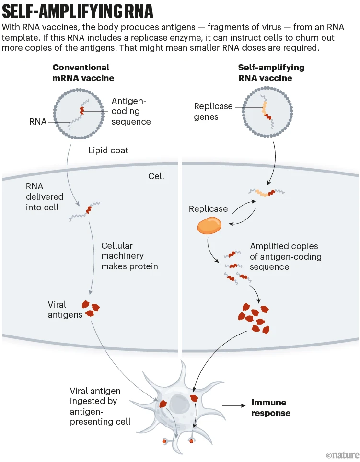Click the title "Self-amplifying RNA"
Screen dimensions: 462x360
[79, 11]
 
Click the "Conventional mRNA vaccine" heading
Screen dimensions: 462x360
[81, 72]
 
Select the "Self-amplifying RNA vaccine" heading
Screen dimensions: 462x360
[271, 72]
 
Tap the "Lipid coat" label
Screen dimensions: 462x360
[108, 150]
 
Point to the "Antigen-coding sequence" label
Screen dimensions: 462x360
[131, 111]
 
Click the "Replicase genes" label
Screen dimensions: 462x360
[213, 111]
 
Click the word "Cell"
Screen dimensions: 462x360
[156, 176]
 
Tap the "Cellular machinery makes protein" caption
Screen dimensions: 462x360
[129, 256]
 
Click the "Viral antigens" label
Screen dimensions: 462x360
[64, 310]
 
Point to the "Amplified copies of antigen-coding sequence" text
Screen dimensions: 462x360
[285, 256]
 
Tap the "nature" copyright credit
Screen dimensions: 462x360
[341, 454]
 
